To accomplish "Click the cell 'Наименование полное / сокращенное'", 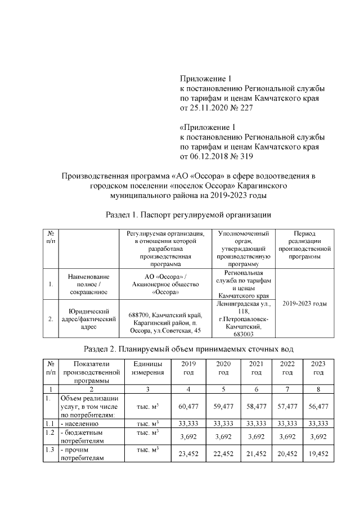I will (x=88, y=284).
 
